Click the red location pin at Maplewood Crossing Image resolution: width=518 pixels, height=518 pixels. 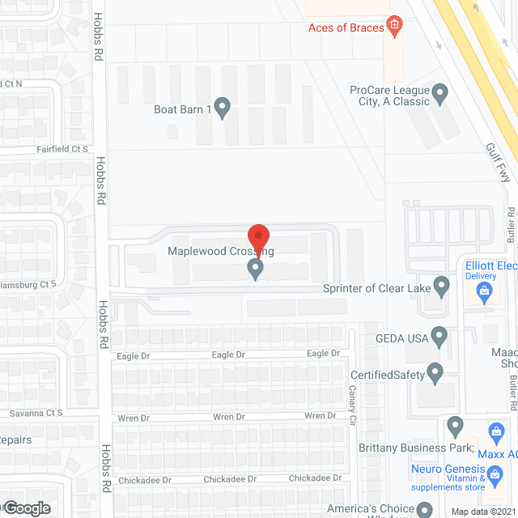pyautogui.click(x=257, y=237)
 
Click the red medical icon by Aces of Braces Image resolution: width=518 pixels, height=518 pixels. pyautogui.click(x=394, y=26)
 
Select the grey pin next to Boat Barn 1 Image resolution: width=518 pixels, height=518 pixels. pyautogui.click(x=222, y=107)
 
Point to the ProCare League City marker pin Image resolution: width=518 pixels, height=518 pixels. pyautogui.click(x=441, y=94)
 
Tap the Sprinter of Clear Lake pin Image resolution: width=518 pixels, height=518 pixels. pyautogui.click(x=441, y=286)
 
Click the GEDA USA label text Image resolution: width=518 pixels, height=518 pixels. pyautogui.click(x=401, y=336)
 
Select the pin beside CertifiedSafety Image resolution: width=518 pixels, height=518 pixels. pyautogui.click(x=435, y=373)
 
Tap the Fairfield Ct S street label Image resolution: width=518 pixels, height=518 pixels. pyautogui.click(x=62, y=150)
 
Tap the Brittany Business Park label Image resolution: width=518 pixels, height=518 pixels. pyautogui.click(x=415, y=448)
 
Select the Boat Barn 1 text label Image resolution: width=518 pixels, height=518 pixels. pyautogui.click(x=182, y=110)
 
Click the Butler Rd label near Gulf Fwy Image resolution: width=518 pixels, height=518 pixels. pyautogui.click(x=511, y=224)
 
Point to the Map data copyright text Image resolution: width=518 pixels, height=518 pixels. pyautogui.click(x=483, y=511)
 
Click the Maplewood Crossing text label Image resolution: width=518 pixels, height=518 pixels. pyautogui.click(x=220, y=252)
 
